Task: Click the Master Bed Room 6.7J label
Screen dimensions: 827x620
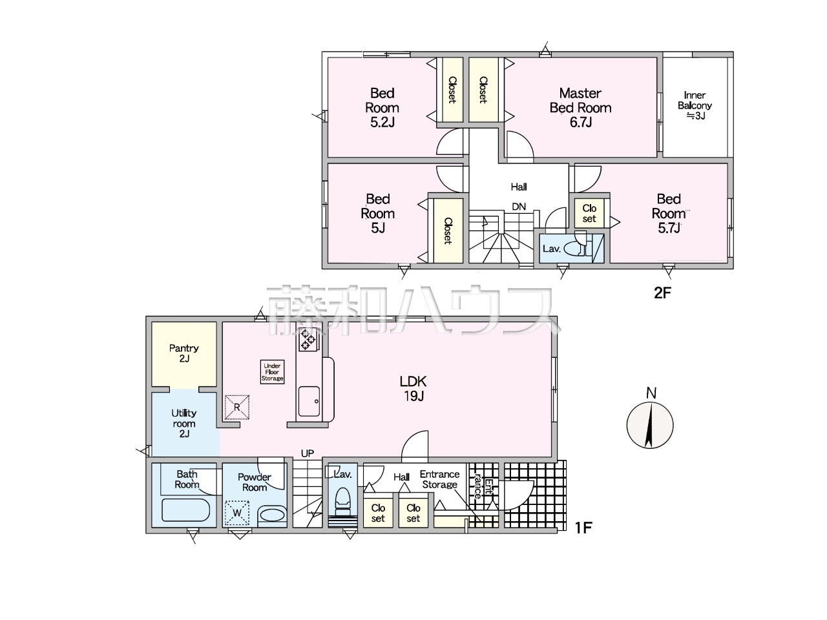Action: point(580,108)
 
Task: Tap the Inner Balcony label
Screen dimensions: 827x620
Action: point(695,105)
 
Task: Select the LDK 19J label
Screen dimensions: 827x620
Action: point(413,389)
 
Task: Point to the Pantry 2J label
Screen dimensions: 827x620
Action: point(184,353)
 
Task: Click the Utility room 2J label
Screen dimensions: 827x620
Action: point(184,424)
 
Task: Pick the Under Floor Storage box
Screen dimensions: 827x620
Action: point(272,372)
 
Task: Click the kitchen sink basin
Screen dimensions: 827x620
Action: point(309,401)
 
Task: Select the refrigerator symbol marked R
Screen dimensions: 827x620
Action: point(237,407)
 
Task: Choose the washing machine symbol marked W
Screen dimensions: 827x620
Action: point(237,513)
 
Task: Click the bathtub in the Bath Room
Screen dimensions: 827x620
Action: point(185,510)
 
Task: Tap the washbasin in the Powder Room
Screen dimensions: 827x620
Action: point(273,515)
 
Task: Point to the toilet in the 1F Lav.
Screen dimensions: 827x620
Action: point(342,501)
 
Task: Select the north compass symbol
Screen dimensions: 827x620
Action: point(649,424)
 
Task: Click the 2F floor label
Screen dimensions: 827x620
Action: point(662,293)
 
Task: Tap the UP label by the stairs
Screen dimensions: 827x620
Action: point(308,453)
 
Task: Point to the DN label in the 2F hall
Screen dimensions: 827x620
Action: point(519,206)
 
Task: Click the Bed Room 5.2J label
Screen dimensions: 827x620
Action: point(382,108)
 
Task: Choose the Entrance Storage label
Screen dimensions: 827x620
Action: point(440,479)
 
